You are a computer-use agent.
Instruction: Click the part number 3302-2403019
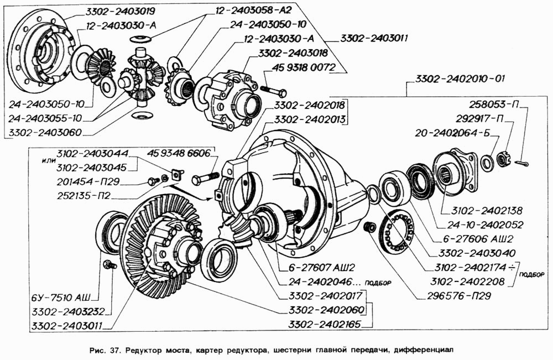pos(119,12)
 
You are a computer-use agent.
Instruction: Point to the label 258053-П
pos(493,105)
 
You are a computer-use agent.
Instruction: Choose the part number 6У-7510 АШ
pos(61,298)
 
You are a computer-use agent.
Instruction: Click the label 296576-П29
pos(459,295)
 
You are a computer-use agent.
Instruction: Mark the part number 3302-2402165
pos(325,324)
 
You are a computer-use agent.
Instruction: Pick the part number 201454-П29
pos(88,181)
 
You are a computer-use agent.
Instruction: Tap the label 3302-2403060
pos(45,133)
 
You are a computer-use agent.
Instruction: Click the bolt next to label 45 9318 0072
pos(274,91)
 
